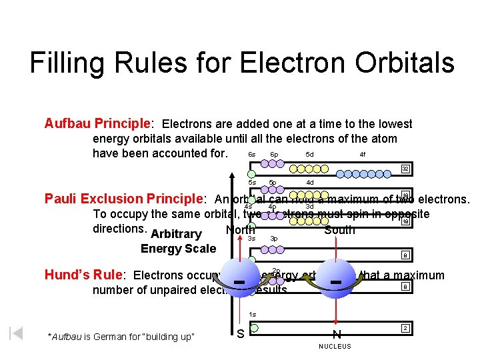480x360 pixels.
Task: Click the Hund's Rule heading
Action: coord(85,275)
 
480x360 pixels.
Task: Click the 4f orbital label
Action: coord(362,154)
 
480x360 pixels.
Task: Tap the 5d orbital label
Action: coord(309,154)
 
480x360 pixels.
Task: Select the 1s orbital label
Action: coord(252,315)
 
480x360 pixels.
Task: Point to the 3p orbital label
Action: coord(273,238)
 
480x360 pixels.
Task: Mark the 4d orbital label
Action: coord(309,182)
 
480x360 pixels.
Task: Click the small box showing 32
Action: coord(405,169)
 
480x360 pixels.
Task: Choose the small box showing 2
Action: coord(405,328)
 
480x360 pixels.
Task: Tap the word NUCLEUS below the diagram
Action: coord(335,347)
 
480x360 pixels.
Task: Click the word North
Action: coord(240,230)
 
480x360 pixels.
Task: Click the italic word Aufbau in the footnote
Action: coord(67,335)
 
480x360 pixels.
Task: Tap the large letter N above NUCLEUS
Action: coord(337,333)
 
